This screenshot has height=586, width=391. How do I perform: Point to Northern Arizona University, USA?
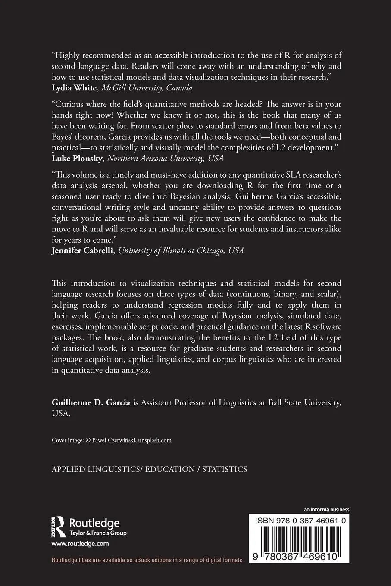tap(165, 158)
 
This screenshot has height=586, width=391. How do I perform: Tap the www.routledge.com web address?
tap(80, 544)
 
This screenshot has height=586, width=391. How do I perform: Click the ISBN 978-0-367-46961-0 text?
tap(299, 521)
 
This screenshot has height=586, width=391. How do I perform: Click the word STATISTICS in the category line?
tap(225, 469)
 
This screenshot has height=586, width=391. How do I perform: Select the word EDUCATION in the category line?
tap(170, 469)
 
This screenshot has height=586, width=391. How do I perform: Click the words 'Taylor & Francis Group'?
tap(98, 533)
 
